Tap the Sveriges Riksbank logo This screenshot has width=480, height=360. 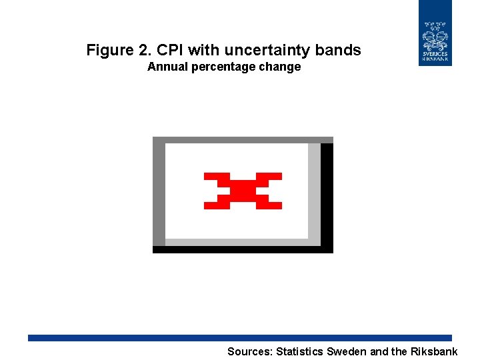435,33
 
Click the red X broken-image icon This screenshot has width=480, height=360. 243,191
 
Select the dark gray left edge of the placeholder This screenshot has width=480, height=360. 159,193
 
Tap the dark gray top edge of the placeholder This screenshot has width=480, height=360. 243,140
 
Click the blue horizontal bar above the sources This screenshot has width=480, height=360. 240,338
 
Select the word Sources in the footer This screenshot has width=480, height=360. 249,351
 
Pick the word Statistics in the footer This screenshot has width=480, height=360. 299,351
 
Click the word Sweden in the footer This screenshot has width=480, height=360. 346,351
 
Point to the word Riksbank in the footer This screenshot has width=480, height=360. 433,351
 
